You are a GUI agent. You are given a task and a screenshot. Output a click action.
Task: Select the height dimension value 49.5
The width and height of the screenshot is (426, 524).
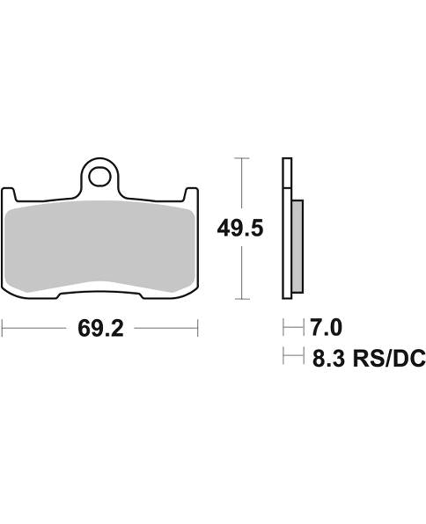tap(240, 229)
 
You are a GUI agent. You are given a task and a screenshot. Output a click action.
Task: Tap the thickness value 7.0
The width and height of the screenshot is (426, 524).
tap(325, 328)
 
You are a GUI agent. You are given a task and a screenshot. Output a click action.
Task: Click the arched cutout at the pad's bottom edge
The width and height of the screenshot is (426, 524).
tap(99, 287)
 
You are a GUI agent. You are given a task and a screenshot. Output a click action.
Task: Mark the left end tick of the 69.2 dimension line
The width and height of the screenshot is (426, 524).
tap(3, 329)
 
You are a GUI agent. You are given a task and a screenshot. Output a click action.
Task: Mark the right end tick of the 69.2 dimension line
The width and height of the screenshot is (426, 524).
tap(198, 329)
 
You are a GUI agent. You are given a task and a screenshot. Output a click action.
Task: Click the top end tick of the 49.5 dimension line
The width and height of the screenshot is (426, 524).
tap(240, 158)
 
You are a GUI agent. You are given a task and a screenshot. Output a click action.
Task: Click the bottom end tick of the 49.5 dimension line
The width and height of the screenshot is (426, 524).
tap(240, 299)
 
